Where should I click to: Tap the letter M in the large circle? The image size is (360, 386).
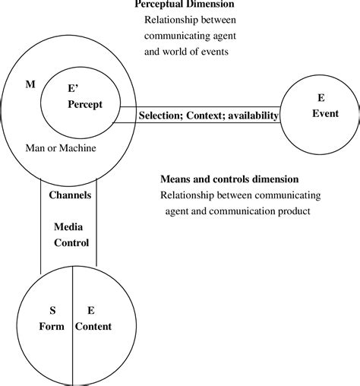point(30,83)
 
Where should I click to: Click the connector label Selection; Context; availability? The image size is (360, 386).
point(208,115)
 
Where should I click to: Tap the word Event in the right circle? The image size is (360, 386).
point(324,114)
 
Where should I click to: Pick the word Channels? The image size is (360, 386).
point(70,195)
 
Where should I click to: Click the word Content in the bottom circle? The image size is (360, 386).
point(93,326)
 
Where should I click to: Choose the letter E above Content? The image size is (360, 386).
point(90,310)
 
